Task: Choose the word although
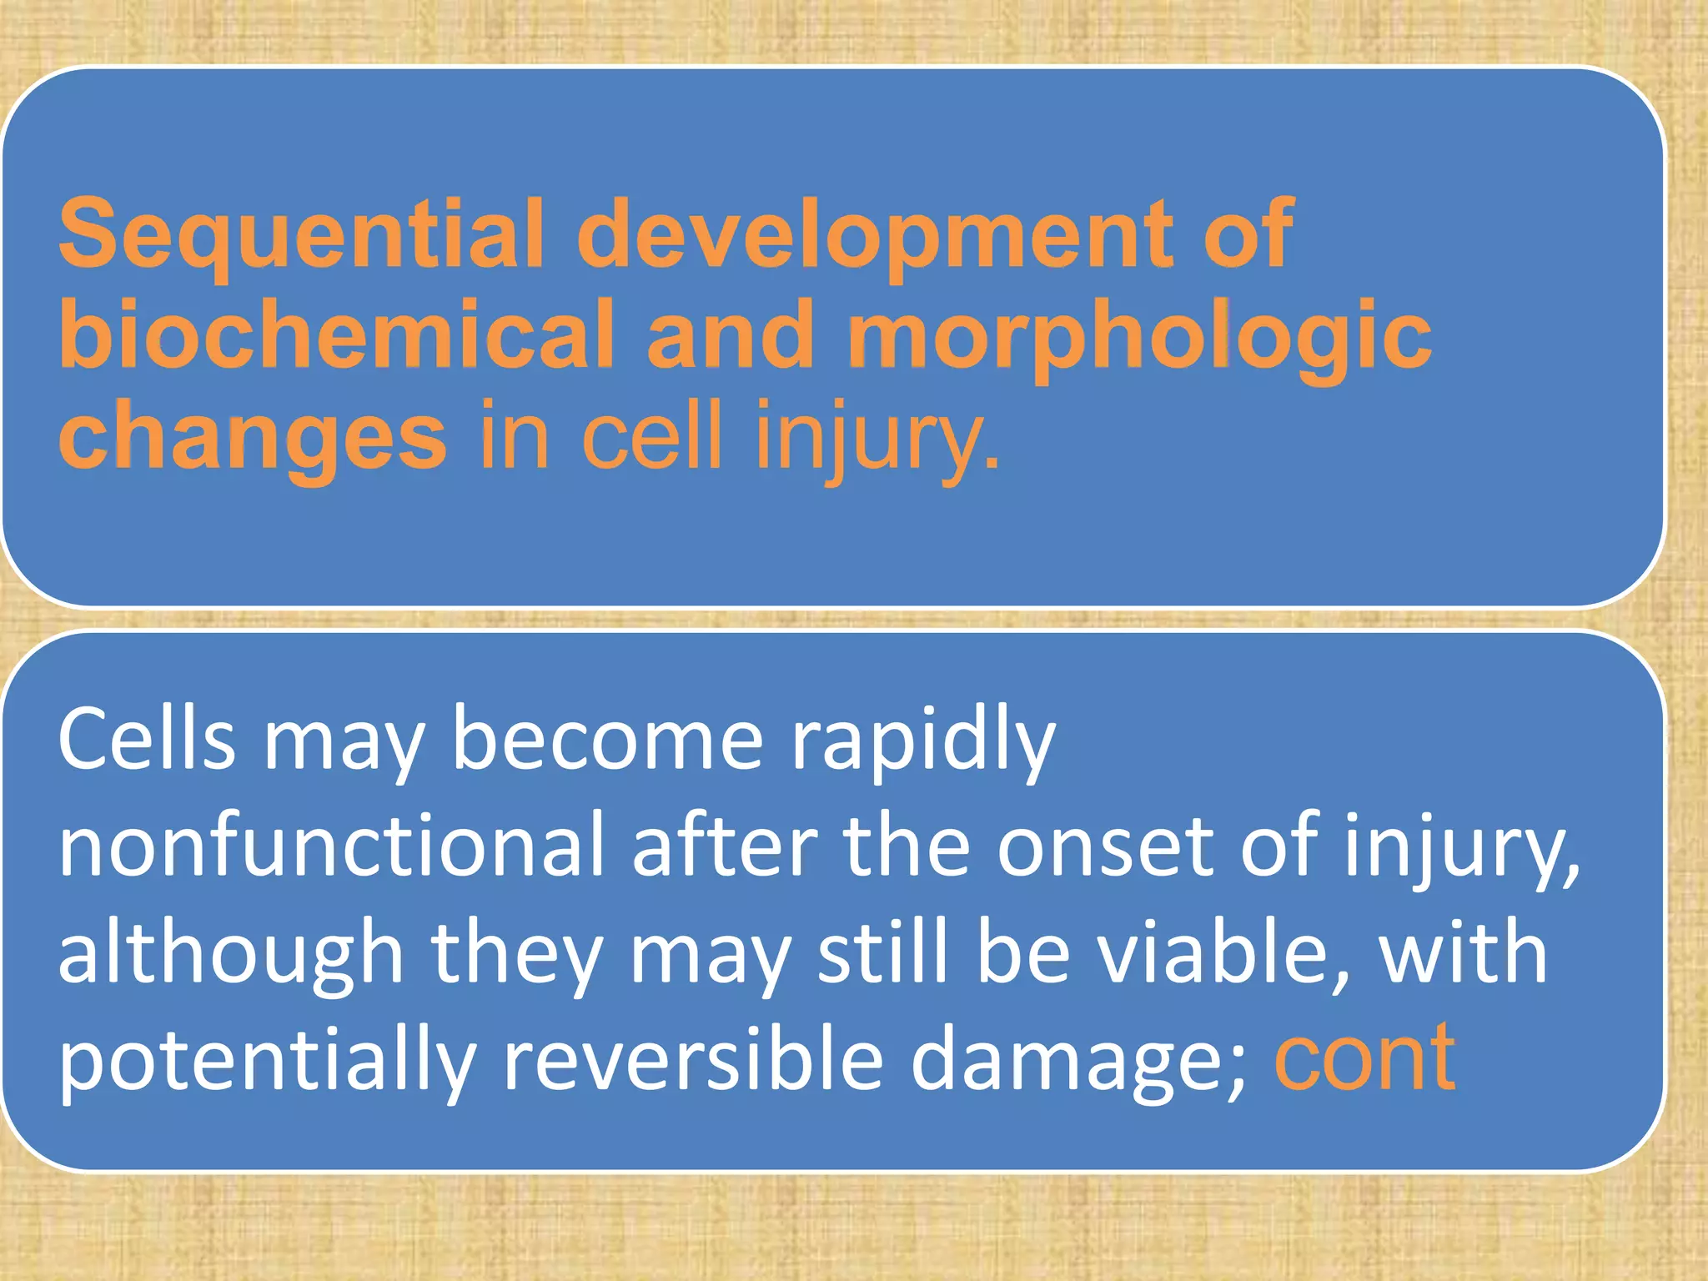point(230,955)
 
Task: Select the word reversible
point(693,1059)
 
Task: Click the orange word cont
point(1364,1059)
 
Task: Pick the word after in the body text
point(724,846)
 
